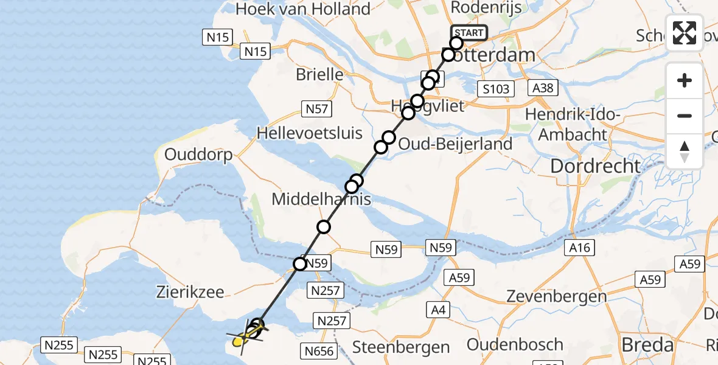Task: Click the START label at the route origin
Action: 469,33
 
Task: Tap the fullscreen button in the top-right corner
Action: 685,33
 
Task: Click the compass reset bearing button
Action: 685,151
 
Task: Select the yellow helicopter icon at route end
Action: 244,338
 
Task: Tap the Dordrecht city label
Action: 595,165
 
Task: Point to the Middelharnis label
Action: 321,199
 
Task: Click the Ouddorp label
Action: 198,155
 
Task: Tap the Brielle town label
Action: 319,75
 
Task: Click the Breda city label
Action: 647,345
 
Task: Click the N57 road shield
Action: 316,109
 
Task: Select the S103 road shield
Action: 495,89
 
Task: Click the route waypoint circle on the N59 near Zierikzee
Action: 300,264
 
